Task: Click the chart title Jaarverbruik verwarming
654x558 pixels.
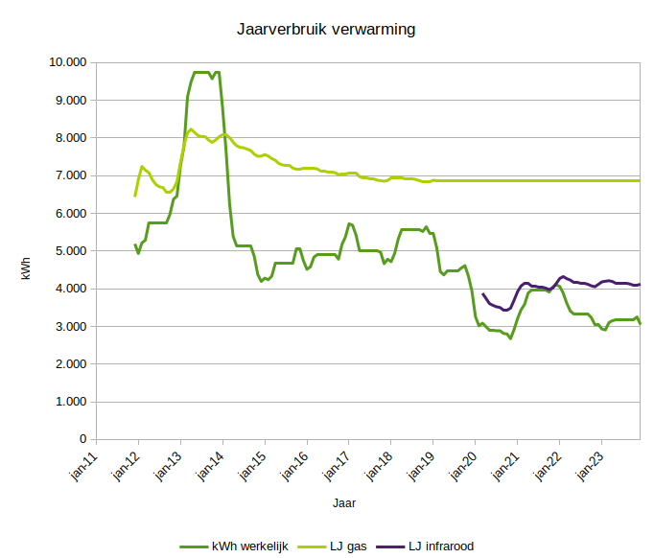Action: [326, 30]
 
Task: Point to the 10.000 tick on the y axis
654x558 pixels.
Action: [66, 62]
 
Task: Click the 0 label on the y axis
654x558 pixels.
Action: [82, 439]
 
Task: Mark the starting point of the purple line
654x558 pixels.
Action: [482, 294]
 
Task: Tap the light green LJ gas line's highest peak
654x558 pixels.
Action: [191, 129]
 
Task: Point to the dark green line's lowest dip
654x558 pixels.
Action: [510, 338]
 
